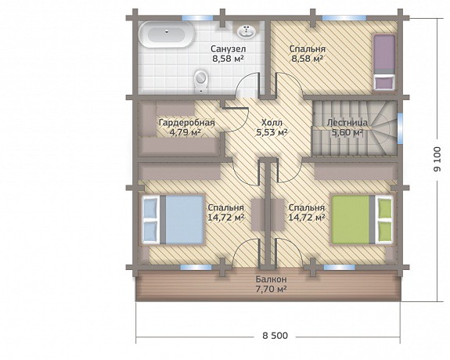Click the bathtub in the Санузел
[167, 35]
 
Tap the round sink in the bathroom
[246, 31]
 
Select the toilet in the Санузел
[200, 81]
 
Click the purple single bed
[384, 62]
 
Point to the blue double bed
[173, 220]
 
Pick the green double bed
[362, 220]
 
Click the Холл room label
[272, 123]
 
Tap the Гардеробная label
[187, 123]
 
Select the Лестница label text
[347, 123]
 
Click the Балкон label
[272, 279]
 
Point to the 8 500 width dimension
[275, 335]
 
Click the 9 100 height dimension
[437, 160]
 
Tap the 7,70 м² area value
[272, 289]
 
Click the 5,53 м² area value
[272, 132]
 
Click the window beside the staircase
[400, 128]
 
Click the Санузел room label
[228, 49]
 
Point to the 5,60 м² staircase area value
[347, 132]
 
